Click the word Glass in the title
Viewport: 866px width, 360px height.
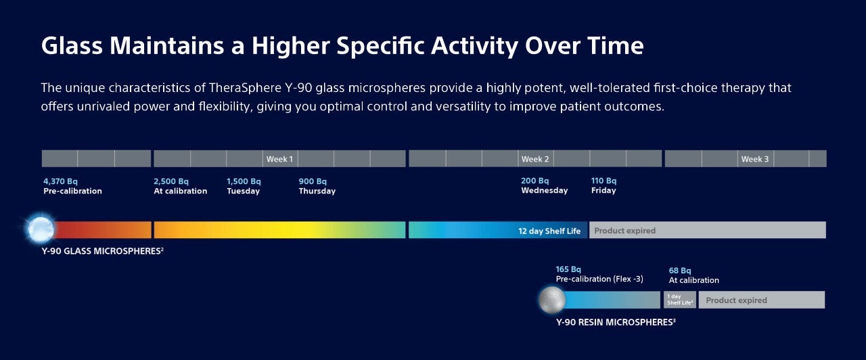pyautogui.click(x=72, y=46)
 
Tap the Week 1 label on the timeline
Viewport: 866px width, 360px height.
pyautogui.click(x=279, y=159)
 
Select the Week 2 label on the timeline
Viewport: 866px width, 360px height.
pyautogui.click(x=534, y=159)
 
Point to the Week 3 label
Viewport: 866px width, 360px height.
pyautogui.click(x=755, y=159)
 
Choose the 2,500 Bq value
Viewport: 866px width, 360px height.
pyautogui.click(x=171, y=181)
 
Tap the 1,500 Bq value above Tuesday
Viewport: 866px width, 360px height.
pyautogui.click(x=244, y=181)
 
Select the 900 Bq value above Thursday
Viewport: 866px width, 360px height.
pyautogui.click(x=313, y=181)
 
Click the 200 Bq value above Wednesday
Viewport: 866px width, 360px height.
pyautogui.click(x=535, y=181)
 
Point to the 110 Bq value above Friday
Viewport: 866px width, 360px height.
pyautogui.click(x=604, y=181)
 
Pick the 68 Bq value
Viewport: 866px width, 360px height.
pyautogui.click(x=680, y=271)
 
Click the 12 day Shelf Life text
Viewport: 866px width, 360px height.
pyautogui.click(x=549, y=231)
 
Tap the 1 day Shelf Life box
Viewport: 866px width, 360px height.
pyautogui.click(x=679, y=300)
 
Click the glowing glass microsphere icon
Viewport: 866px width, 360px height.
pyautogui.click(x=41, y=229)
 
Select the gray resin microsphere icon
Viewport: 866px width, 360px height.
pyautogui.click(x=552, y=300)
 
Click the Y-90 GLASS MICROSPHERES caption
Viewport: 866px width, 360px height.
pyautogui.click(x=101, y=251)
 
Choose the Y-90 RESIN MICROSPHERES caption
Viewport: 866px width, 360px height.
pyautogui.click(x=614, y=322)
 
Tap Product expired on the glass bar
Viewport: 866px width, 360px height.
pyautogui.click(x=624, y=231)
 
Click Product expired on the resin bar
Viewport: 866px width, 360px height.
pyautogui.click(x=736, y=300)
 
